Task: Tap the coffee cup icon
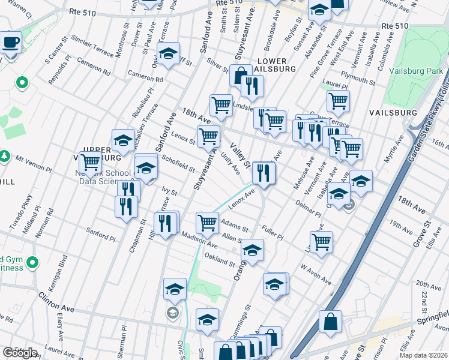click(10, 43)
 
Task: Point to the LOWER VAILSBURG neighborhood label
click(276, 65)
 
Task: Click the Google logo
click(20, 353)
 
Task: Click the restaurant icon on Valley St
click(264, 173)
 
